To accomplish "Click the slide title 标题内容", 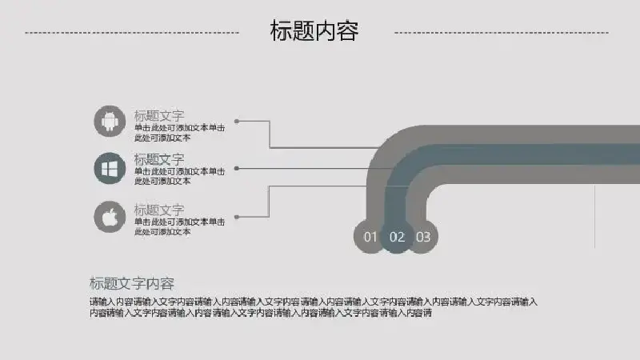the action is tap(314, 31).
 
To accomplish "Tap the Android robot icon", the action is tap(110, 122).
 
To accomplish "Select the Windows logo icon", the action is tap(110, 168).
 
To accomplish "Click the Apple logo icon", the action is tap(110, 217).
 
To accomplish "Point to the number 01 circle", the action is tap(370, 237).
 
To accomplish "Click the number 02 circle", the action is tap(397, 237).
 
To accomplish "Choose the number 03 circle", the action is tap(423, 237).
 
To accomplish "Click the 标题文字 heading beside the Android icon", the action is tap(159, 116).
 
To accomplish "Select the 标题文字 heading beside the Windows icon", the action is tap(159, 159).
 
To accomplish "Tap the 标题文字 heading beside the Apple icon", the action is tap(159, 210).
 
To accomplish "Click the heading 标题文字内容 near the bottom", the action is tap(132, 283).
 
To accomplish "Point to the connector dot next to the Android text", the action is tap(237, 122).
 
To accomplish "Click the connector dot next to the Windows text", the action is tap(237, 168).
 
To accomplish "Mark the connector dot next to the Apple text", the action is tap(237, 217).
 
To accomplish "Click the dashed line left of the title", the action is tap(132, 33).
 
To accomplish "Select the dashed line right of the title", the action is tap(502, 33).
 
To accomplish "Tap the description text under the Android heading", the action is tap(179, 133).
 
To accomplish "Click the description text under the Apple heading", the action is tap(179, 226).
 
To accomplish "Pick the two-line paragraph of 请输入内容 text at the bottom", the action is tap(314, 307).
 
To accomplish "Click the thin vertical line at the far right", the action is tap(594, 217).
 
